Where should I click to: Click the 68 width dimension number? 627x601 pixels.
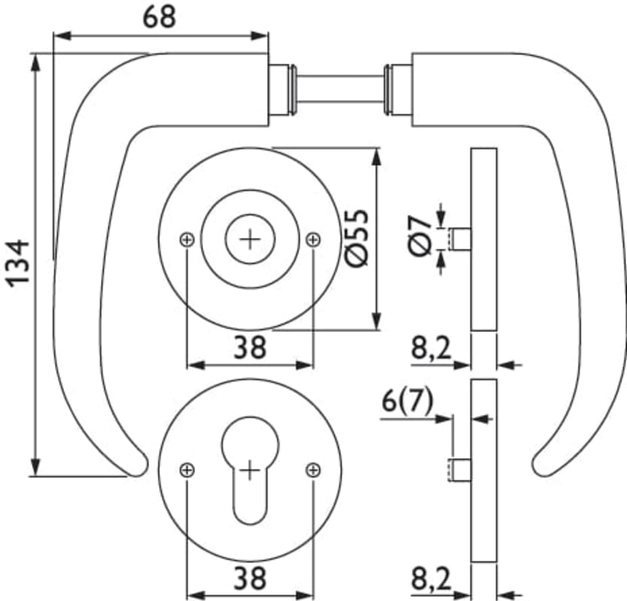tap(159, 17)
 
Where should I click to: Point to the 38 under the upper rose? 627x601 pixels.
tap(250, 347)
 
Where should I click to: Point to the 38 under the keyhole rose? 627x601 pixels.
tap(250, 577)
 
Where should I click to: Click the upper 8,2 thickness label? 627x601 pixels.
tap(431, 348)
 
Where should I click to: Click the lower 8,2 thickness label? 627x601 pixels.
tap(431, 578)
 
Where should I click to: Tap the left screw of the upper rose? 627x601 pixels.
tap(187, 240)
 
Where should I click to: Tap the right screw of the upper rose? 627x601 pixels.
tap(313, 240)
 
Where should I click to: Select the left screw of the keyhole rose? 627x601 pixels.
tap(187, 470)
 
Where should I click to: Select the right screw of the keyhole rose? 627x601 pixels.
tap(313, 470)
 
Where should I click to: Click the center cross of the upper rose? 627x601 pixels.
tap(250, 240)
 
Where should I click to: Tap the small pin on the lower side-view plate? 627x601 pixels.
tap(460, 470)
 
